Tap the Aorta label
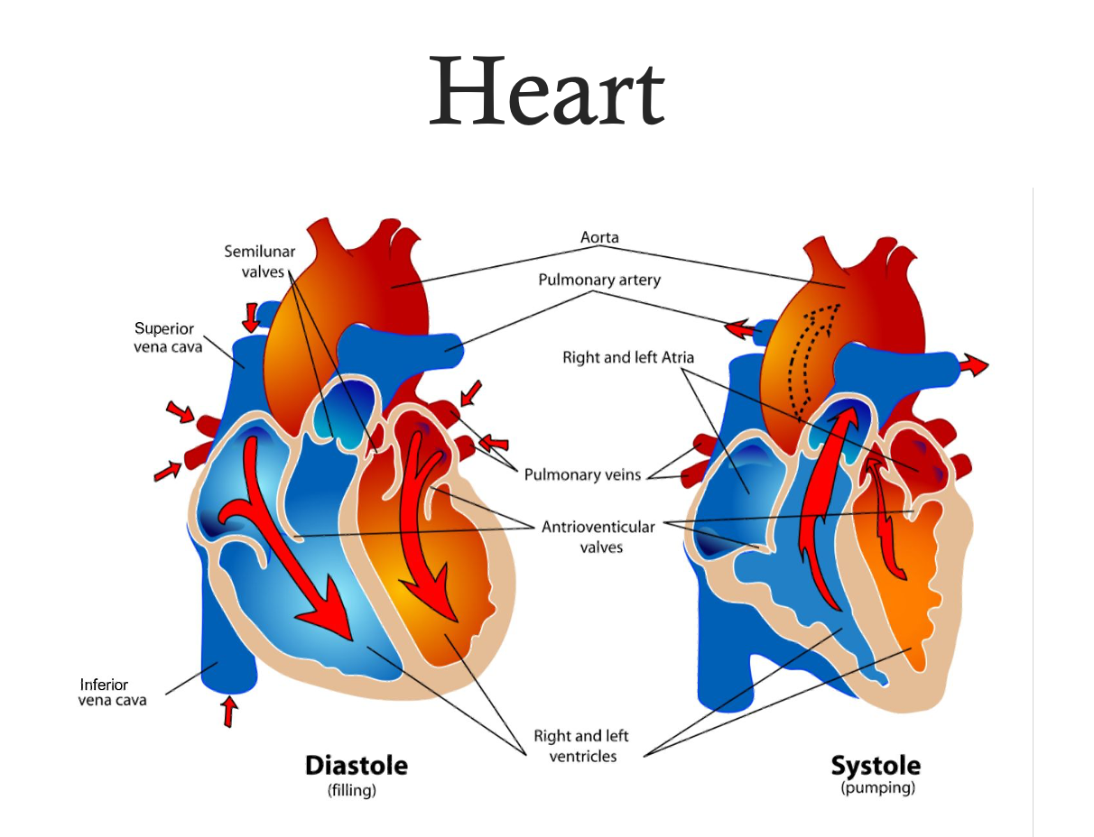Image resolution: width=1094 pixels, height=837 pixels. pyautogui.click(x=599, y=237)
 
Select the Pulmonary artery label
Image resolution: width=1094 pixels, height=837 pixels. pyautogui.click(x=599, y=280)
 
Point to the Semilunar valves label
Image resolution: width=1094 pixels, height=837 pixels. pyautogui.click(x=260, y=261)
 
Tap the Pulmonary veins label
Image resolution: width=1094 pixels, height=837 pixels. pyautogui.click(x=582, y=474)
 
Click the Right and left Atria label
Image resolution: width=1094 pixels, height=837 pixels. pyautogui.click(x=628, y=358)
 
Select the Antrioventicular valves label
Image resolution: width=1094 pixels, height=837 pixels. pyautogui.click(x=598, y=537)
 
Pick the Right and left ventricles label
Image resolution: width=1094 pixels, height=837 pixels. pyautogui.click(x=583, y=746)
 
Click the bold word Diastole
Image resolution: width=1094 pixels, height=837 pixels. pyautogui.click(x=357, y=767)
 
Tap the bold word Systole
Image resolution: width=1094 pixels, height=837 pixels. pyautogui.click(x=876, y=767)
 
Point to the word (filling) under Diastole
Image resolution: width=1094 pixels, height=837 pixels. pyautogui.click(x=352, y=791)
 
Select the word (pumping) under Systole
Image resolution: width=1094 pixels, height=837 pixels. pyautogui.click(x=877, y=788)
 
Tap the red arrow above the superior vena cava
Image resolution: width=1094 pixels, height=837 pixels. pyautogui.click(x=250, y=317)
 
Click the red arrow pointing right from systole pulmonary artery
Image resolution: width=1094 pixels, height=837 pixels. pyautogui.click(x=973, y=364)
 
